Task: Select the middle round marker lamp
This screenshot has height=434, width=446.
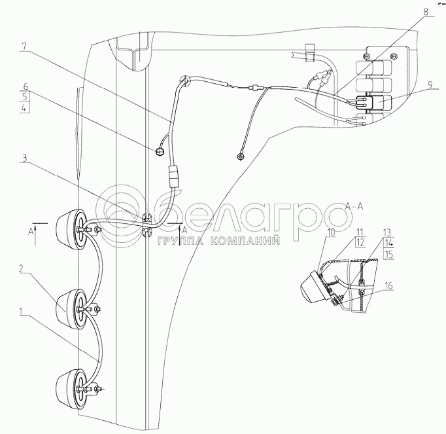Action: [70, 304]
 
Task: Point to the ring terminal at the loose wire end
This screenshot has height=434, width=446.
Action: [241, 156]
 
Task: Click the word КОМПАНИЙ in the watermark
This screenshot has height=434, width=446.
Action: [249, 241]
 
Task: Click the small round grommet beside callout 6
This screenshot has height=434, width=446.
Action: [159, 152]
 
